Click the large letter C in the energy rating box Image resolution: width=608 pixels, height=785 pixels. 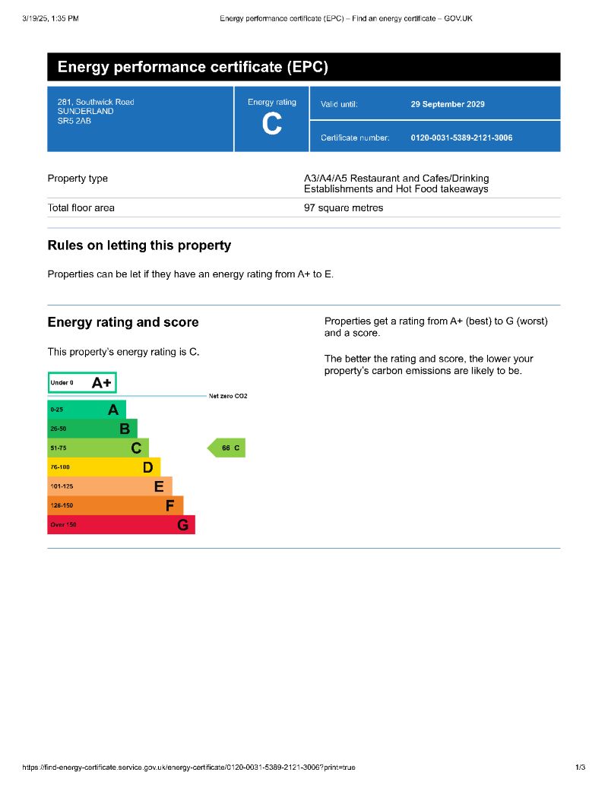point(271,125)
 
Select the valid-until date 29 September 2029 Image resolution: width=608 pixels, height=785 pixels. point(447,104)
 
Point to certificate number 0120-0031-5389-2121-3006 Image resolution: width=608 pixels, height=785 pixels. point(461,138)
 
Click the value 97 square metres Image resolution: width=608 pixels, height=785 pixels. point(344,207)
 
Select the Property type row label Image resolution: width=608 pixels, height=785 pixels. point(78,179)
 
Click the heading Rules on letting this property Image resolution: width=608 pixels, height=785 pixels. point(139,245)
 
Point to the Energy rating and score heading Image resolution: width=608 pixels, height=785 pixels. point(123,322)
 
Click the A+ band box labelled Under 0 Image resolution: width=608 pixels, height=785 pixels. point(82,383)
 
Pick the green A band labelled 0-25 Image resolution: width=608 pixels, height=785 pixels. point(86,410)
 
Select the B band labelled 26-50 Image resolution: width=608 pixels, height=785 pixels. point(92,429)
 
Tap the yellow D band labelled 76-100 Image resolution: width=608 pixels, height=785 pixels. point(103,467)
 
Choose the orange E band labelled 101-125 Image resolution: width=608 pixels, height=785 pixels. point(109,486)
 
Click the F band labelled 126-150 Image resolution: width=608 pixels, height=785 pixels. point(115,505)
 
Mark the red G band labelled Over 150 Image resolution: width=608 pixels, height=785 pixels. point(121,524)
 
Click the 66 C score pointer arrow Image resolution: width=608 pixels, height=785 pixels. point(227,448)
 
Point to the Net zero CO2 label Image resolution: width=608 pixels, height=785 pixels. point(227,396)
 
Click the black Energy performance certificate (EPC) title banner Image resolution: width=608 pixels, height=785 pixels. point(303,67)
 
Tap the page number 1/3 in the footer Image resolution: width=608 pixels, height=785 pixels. point(581,768)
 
